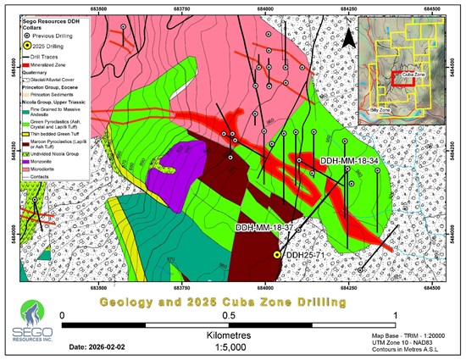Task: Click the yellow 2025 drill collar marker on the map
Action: [x=277, y=254]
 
